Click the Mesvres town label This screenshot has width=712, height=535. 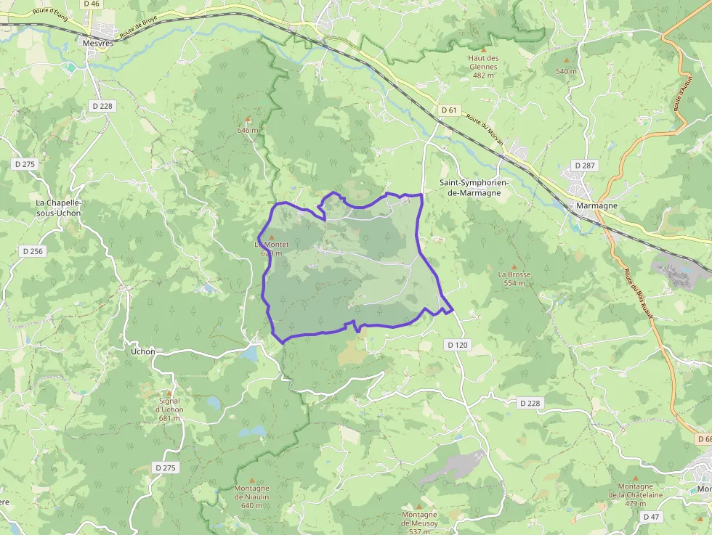tap(99, 42)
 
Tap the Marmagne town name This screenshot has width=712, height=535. tap(596, 205)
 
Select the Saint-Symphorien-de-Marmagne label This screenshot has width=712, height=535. tap(474, 188)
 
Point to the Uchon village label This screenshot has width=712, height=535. tap(142, 351)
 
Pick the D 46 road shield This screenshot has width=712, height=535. tap(92, 4)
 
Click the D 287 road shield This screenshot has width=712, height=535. tap(584, 166)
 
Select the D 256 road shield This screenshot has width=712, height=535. tap(33, 251)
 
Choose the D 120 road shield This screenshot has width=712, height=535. tap(458, 345)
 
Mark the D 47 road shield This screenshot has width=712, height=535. tap(651, 516)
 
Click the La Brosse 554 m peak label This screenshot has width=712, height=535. tap(514, 279)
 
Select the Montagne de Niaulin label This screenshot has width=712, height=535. tap(251, 497)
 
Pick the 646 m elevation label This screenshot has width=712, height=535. tap(248, 130)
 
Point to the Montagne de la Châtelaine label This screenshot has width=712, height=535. tap(636, 490)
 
